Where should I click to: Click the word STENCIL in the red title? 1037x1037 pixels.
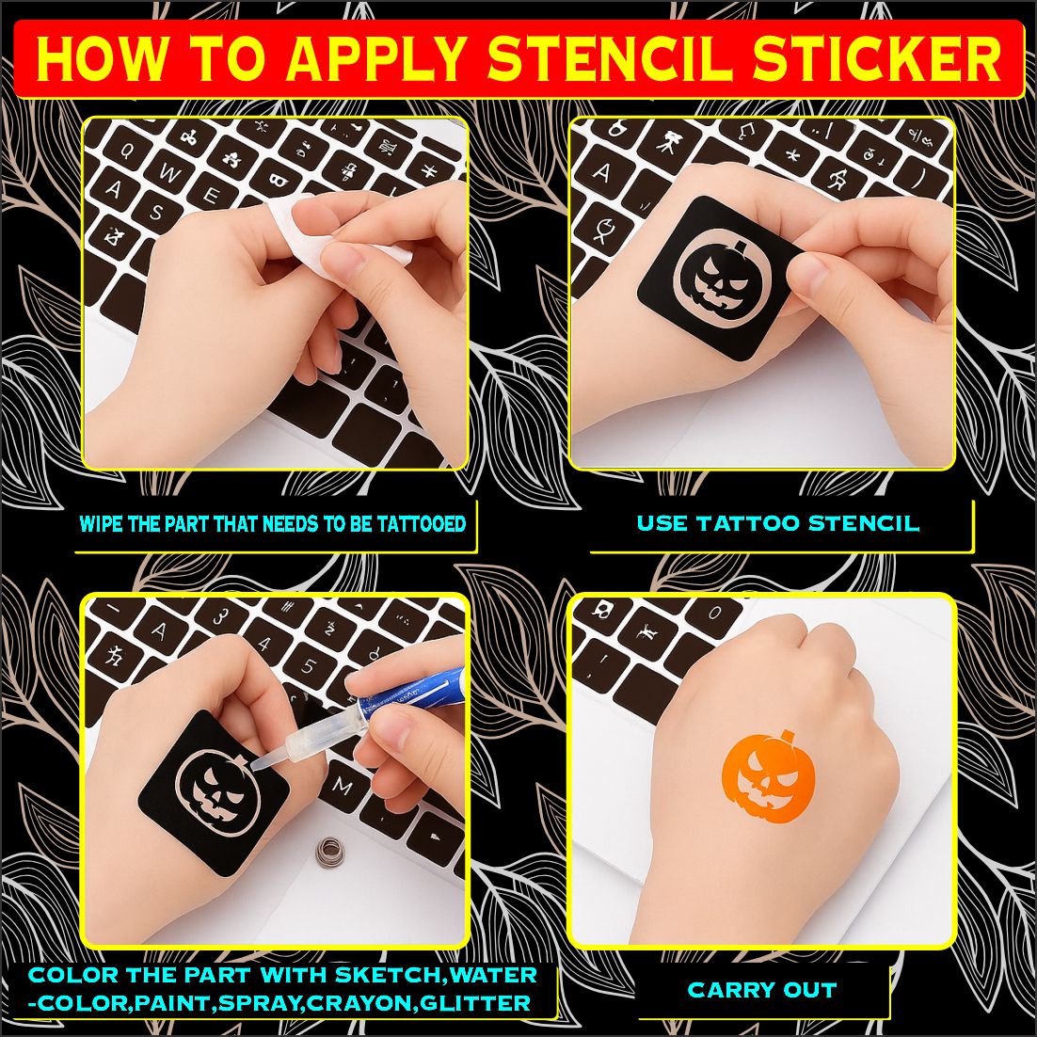[613, 59]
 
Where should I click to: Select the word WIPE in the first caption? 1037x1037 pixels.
[101, 524]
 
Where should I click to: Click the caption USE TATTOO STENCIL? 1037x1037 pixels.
[777, 523]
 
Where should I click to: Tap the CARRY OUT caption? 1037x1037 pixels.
[761, 990]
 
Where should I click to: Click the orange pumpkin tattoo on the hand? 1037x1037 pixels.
[768, 777]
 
